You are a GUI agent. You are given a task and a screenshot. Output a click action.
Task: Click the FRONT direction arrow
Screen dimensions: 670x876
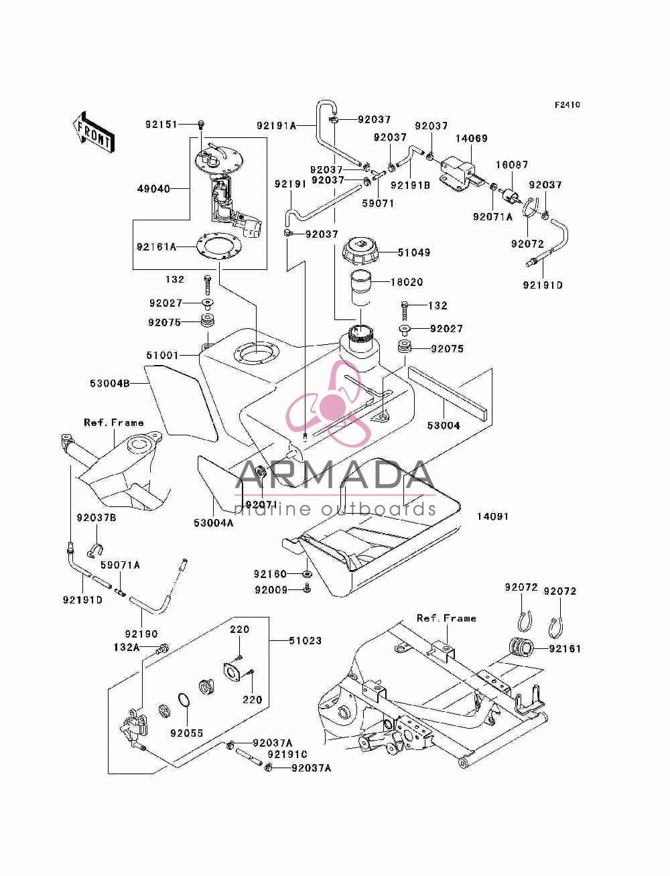94,131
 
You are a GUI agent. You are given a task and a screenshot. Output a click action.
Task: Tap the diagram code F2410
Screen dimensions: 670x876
567,104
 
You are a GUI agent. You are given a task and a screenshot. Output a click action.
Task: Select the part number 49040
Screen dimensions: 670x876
153,188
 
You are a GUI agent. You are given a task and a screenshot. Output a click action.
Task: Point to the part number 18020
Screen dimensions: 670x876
407,282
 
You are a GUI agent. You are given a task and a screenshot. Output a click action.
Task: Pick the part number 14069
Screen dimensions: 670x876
472,139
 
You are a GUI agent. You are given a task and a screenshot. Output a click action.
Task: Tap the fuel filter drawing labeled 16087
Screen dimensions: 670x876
511,197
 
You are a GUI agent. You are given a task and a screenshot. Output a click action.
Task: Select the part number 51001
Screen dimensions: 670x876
162,355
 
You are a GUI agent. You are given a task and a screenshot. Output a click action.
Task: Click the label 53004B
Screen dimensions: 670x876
110,384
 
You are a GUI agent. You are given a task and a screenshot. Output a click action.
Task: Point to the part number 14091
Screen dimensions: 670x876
492,516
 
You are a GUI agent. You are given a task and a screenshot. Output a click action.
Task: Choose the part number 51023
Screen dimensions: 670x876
305,640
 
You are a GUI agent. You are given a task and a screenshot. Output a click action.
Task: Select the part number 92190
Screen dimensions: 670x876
141,634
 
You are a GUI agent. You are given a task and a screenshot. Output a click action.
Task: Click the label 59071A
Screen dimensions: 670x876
120,565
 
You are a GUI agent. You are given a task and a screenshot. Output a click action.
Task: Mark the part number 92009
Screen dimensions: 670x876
271,589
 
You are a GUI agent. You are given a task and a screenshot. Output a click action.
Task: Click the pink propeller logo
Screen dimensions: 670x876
330,403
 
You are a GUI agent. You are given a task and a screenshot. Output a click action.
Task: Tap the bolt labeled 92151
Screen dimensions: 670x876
201,125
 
